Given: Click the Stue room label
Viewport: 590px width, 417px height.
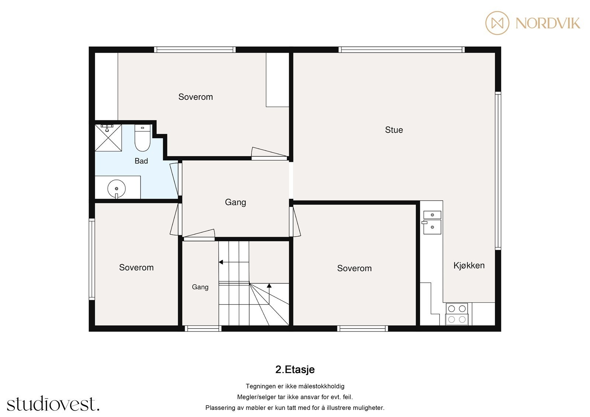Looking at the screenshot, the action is [x=394, y=130].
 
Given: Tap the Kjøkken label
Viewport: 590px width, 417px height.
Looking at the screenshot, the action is [x=469, y=265].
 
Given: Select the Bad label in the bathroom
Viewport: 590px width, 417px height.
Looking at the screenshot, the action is [x=141, y=161].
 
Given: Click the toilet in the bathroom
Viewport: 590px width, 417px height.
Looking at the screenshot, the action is [x=142, y=138].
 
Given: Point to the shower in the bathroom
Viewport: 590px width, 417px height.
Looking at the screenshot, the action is [x=108, y=138].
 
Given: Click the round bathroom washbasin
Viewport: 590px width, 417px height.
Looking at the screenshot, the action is [x=117, y=189].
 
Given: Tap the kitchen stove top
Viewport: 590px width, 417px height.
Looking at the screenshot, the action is [x=457, y=314].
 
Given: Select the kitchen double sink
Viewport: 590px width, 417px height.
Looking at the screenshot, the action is [x=432, y=222].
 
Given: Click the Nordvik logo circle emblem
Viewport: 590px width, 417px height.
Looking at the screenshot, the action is [x=497, y=23].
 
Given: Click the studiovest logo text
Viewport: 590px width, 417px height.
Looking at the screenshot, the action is [x=53, y=404].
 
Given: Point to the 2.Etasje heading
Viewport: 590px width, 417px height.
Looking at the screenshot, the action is [x=295, y=369].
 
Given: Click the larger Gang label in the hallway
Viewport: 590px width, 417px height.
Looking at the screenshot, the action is [x=236, y=202].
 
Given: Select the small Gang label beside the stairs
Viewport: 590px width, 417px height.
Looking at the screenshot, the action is [x=200, y=287].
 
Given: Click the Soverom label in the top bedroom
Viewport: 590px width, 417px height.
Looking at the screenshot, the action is [x=195, y=97].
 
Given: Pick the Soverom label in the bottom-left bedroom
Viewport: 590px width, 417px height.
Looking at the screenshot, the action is [x=136, y=268].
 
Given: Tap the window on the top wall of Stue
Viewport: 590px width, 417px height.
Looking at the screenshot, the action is [x=402, y=49].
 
